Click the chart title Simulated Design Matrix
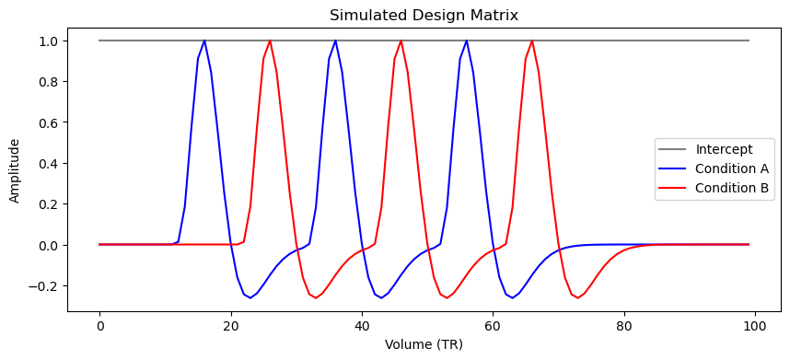click(x=424, y=15)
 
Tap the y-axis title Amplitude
click(x=15, y=170)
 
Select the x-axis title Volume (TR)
click(x=424, y=344)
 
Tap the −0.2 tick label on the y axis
click(x=47, y=286)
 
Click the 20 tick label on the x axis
click(x=231, y=327)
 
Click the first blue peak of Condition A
click(x=204, y=41)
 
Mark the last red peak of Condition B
click(x=532, y=41)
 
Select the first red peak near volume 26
click(x=270, y=41)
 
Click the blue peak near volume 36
click(x=335, y=41)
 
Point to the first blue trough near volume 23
click(x=250, y=297)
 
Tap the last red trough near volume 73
click(x=578, y=297)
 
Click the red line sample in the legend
click(x=673, y=188)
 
